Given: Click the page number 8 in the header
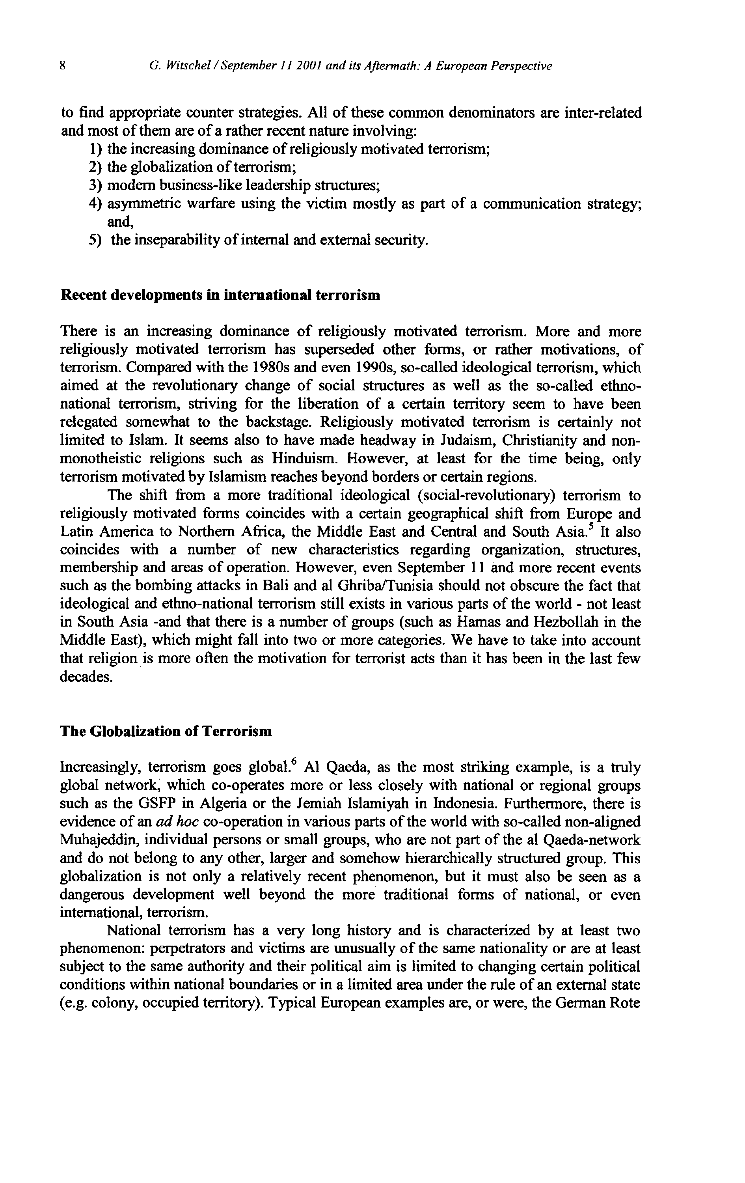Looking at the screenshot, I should (x=62, y=66).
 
